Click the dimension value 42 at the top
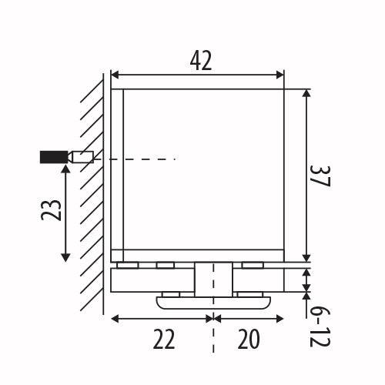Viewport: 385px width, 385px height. pyautogui.click(x=201, y=61)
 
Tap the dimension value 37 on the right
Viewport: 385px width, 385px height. pyautogui.click(x=320, y=176)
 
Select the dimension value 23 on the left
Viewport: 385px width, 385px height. pyautogui.click(x=52, y=209)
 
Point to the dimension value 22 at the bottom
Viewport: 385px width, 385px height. pyautogui.click(x=164, y=339)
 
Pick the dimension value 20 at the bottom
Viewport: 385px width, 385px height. pyautogui.click(x=249, y=339)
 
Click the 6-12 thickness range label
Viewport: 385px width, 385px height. pyautogui.click(x=320, y=327)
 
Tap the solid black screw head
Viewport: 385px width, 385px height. pyautogui.click(x=54, y=157)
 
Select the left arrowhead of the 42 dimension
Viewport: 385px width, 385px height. pyautogui.click(x=115, y=75)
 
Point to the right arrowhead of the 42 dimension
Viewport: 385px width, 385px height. pyautogui.click(x=280, y=75)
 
